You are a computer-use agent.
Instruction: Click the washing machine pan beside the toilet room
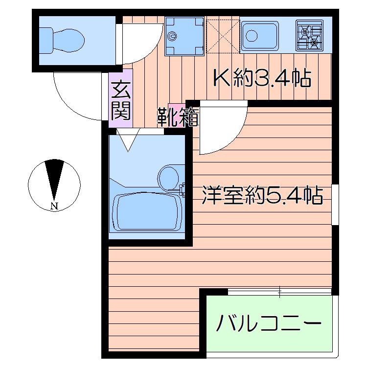[x=184, y=36]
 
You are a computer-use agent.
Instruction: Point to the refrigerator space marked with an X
[x=223, y=36]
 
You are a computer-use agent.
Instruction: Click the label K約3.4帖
[x=262, y=78]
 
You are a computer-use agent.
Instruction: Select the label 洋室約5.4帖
[x=262, y=195]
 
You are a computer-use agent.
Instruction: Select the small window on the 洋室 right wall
[x=335, y=204]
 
